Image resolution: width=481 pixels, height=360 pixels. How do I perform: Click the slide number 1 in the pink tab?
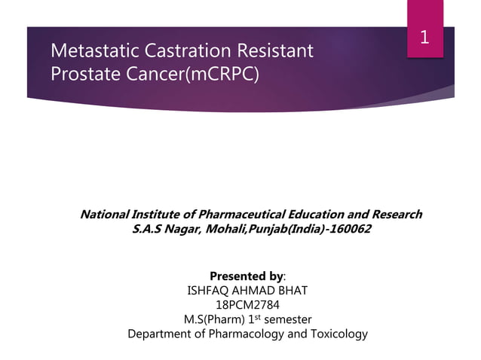tap(424, 37)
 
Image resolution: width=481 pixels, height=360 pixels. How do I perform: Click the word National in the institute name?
tap(106, 215)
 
